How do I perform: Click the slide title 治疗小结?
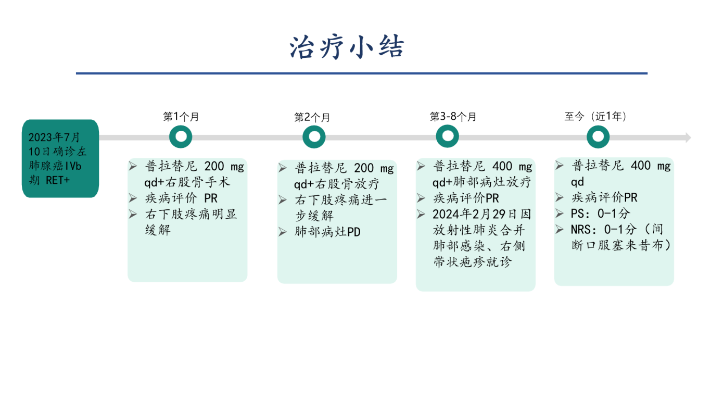(x=347, y=47)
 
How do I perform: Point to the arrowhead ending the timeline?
(x=688, y=137)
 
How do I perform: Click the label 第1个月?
(x=181, y=117)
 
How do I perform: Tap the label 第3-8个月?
(x=453, y=117)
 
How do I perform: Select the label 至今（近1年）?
(x=595, y=116)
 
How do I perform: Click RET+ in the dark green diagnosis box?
(x=57, y=180)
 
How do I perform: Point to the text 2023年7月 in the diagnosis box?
(x=54, y=137)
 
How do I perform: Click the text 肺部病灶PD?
(x=327, y=232)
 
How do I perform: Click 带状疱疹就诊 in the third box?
(x=473, y=262)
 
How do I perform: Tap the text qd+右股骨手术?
(x=187, y=182)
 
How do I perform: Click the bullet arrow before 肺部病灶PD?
(x=283, y=232)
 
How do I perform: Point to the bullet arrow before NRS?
(x=560, y=229)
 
